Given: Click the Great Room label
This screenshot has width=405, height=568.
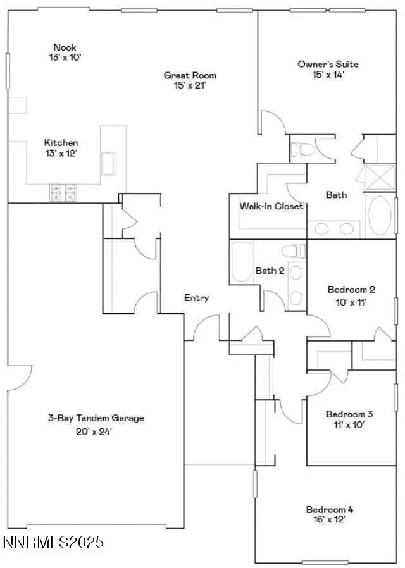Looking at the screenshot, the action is pos(190,75).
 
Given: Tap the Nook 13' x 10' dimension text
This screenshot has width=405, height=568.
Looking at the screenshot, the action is pos(65,57).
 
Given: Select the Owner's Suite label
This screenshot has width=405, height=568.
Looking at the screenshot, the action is pos(328,64).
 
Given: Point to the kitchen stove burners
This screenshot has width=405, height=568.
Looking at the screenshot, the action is pos(63,192).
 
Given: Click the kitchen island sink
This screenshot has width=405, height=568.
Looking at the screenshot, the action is pos(109,163).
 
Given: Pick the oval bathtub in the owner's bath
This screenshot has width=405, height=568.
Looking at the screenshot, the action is pos(379,216).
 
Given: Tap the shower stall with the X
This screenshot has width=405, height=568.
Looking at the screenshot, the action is pos(379,177).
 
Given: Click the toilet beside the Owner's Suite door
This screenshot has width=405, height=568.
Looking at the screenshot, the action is pos(302,149).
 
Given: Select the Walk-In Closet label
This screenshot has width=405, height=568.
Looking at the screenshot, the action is pos(271,206).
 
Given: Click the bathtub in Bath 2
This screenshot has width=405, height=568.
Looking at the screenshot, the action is pos(241,261).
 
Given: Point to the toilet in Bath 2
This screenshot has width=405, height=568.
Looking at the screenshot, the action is pos(294,251).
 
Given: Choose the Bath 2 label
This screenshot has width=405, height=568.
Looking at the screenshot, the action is pos(270,271).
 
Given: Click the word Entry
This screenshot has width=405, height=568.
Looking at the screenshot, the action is pos(197,298).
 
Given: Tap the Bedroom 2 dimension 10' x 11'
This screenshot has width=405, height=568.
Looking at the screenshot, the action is pos(351,302).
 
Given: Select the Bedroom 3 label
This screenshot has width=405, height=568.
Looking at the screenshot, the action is pos(349,414).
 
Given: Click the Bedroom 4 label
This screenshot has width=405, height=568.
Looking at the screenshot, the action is pos(330,509).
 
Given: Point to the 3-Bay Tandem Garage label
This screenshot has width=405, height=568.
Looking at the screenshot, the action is pos(96,418).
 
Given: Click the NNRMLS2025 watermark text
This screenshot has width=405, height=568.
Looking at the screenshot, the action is pos(53,542).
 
